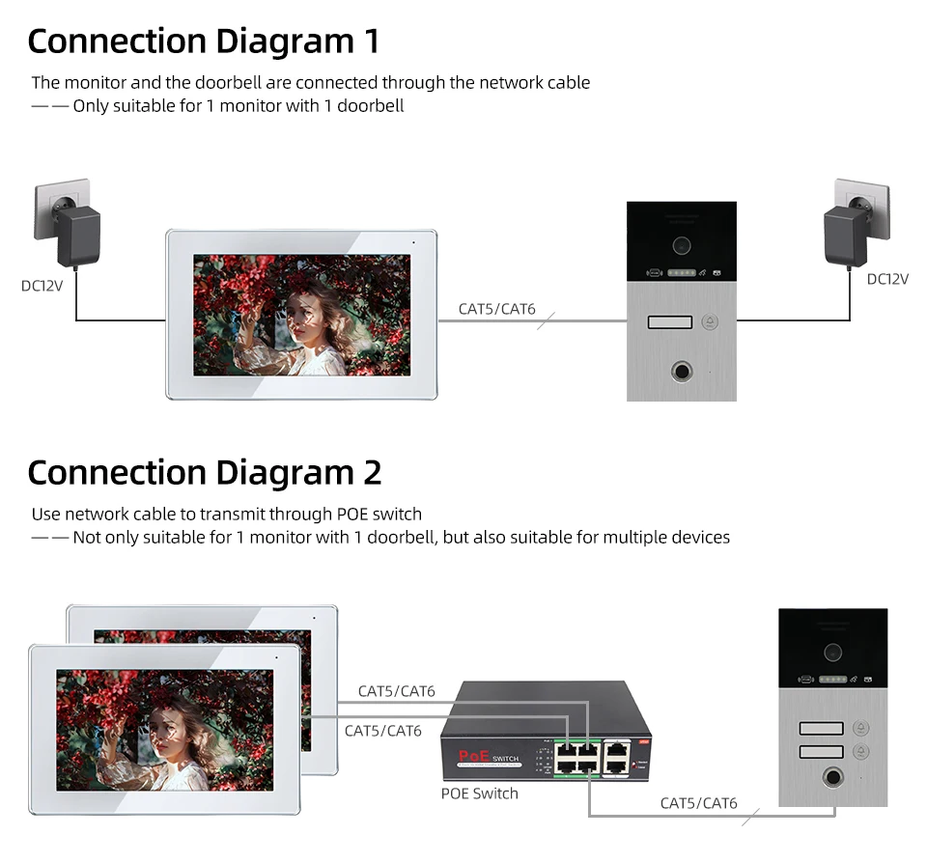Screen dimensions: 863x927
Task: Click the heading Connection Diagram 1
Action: pos(203,42)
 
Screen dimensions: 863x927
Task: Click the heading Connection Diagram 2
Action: pos(204,473)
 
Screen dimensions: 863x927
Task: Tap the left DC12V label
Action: pos(42,286)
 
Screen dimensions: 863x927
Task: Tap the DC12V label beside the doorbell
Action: pos(887,279)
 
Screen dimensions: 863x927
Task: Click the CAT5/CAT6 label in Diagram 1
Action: pos(496,309)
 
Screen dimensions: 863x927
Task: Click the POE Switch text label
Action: pos(479,793)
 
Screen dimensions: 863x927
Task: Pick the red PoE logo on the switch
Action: pos(475,757)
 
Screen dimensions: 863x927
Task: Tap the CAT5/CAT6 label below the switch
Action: pos(698,803)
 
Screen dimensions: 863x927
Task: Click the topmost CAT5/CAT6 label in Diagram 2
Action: pos(396,691)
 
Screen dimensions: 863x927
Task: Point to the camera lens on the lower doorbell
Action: pos(832,652)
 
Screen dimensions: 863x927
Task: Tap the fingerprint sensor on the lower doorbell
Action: pos(832,777)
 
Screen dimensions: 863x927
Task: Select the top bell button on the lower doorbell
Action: pos(861,730)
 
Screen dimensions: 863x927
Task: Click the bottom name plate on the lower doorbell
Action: pos(820,751)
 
